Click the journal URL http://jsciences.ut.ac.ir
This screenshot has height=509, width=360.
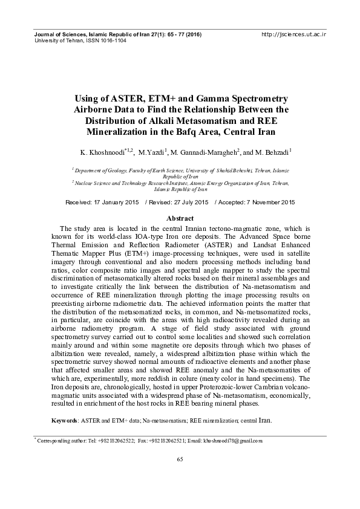(x=293, y=35)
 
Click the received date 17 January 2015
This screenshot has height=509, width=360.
(x=113, y=202)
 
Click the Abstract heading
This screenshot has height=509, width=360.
(x=180, y=218)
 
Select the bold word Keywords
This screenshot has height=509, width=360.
(x=64, y=419)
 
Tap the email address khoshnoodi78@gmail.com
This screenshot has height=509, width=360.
(x=232, y=441)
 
